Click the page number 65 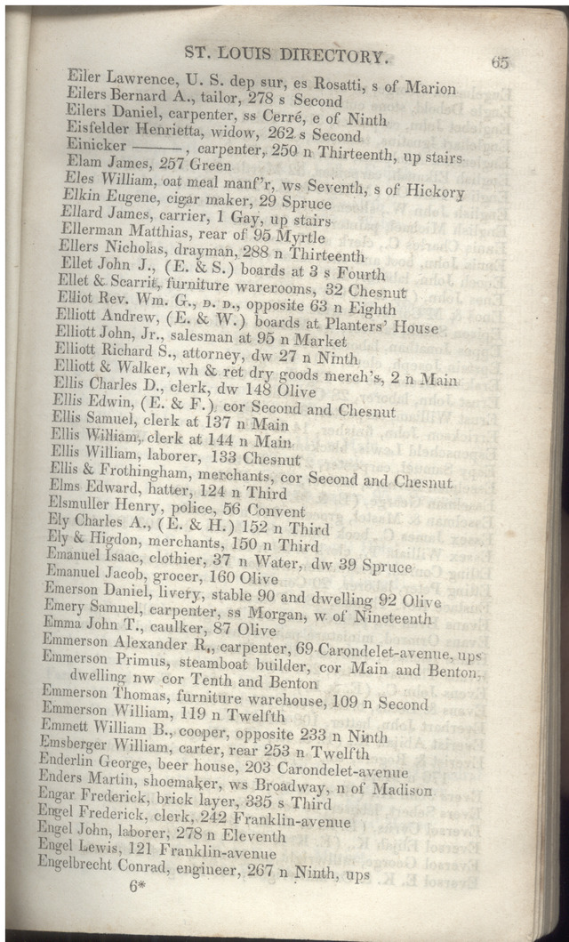499,61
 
